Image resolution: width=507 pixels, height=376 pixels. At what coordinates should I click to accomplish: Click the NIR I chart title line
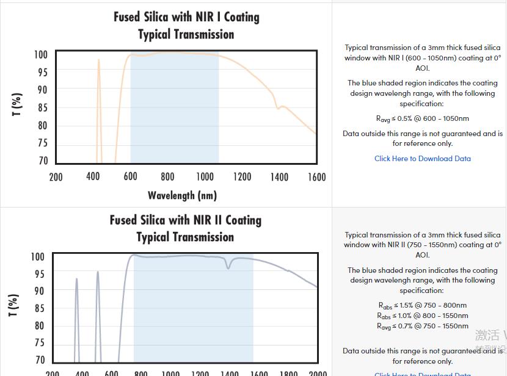[186, 17]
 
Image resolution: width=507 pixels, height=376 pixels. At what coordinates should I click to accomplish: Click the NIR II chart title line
[186, 220]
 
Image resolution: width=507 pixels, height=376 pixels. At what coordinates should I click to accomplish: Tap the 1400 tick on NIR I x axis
[279, 177]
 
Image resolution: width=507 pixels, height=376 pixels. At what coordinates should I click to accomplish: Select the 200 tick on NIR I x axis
[56, 177]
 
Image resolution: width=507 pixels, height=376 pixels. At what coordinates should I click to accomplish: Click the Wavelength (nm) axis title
[182, 195]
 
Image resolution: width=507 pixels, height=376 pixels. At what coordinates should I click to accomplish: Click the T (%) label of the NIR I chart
[17, 105]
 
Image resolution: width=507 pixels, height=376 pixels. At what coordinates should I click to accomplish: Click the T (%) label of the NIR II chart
[13, 305]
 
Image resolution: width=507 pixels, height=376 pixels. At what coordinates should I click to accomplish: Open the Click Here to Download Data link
[423, 159]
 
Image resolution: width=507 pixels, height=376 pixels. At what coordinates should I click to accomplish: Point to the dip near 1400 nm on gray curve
[229, 267]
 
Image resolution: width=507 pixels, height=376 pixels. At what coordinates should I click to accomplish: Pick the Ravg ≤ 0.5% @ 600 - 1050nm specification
[423, 118]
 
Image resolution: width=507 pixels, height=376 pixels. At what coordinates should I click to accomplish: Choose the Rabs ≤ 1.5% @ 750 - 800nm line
[423, 305]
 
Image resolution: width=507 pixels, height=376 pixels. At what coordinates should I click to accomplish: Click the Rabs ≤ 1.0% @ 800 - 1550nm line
[423, 316]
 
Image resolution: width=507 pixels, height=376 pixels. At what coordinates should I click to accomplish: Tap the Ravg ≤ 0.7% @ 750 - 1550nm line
[423, 326]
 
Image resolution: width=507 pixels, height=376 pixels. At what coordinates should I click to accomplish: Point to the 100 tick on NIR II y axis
[37, 257]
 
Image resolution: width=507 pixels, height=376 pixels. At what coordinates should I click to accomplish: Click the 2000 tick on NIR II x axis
[318, 372]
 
